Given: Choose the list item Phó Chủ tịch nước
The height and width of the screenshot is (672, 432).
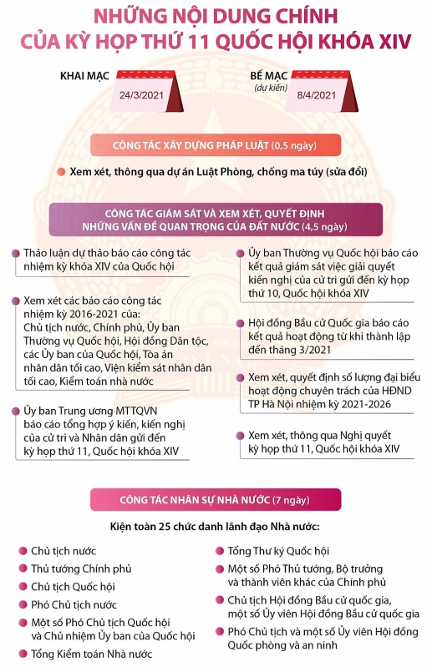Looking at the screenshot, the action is click(x=74, y=604).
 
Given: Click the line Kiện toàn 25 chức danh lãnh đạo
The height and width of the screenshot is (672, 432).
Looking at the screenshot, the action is click(x=216, y=527).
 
